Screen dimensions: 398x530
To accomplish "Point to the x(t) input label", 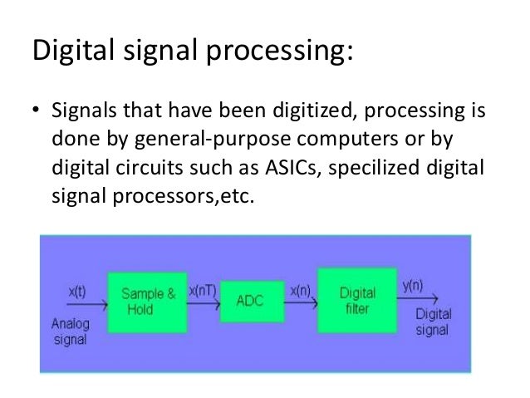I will [79, 292].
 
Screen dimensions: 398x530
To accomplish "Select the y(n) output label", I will [412, 285].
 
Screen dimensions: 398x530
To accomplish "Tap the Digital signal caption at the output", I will [432, 323].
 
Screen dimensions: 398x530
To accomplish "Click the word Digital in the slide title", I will [71, 52].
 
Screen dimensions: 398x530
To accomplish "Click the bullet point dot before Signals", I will [36, 111].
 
